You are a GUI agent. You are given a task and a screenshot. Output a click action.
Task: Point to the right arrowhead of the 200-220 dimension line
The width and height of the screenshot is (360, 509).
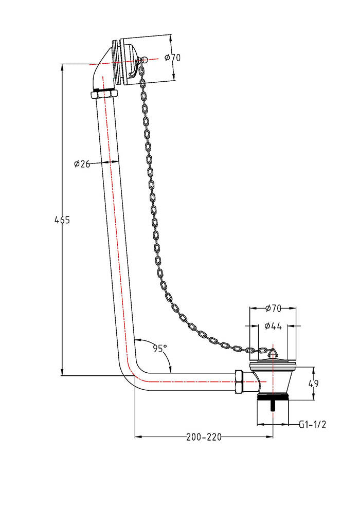coord(269,437)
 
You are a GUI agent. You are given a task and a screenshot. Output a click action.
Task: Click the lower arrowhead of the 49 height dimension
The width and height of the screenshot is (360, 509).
coord(313,397)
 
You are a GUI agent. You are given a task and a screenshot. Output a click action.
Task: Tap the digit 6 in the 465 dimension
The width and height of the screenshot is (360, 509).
coord(62,220)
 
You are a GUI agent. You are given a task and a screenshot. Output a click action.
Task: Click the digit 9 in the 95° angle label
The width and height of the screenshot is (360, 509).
coord(156,349)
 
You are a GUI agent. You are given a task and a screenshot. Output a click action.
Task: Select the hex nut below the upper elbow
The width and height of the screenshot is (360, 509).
coord(103,95)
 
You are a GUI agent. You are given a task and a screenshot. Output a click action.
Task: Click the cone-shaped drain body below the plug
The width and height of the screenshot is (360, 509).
coord(273,380)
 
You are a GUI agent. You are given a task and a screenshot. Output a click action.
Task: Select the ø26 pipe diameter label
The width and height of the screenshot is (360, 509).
coord(82,164)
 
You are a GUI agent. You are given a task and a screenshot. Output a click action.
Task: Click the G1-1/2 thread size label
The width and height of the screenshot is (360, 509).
coord(312,424)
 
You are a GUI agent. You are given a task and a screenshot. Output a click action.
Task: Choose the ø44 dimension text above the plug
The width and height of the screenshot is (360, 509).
coord(273,326)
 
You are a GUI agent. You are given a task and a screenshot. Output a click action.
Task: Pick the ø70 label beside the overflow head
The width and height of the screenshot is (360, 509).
coord(172,58)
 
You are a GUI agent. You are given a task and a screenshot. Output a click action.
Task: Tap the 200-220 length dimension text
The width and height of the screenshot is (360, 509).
coord(204,437)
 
